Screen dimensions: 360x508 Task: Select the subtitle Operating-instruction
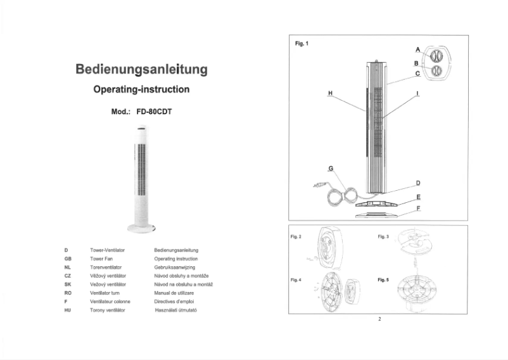click(x=141, y=90)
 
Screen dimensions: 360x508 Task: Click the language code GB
click(x=68, y=259)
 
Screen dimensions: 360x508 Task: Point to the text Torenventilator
click(x=106, y=268)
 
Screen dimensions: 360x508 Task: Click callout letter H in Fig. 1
click(x=330, y=93)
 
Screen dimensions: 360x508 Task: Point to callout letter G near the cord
click(x=330, y=168)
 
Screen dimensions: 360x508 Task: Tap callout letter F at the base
click(x=418, y=208)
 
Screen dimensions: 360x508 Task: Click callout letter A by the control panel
click(x=417, y=49)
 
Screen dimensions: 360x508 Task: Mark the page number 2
click(x=379, y=319)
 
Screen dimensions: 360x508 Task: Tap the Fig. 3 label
click(x=383, y=236)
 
